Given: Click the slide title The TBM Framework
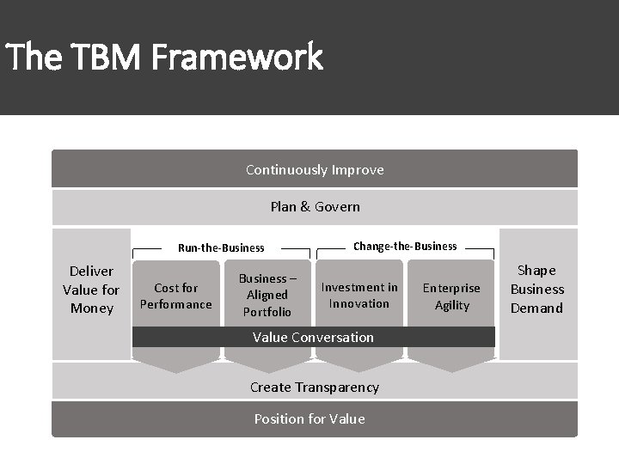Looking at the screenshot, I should (163, 58).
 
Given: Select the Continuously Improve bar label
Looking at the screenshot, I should (315, 169).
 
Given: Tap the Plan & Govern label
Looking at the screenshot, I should (315, 206).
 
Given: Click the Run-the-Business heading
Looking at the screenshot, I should (221, 247).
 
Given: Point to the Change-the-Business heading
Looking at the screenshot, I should (405, 246).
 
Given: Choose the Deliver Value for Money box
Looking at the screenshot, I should (91, 290).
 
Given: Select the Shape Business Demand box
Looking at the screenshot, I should (537, 290).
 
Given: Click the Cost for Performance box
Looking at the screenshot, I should (175, 296).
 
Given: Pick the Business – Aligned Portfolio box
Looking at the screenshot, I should (267, 295).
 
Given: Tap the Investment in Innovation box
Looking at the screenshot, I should (359, 295).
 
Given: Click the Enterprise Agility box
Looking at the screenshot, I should (452, 296).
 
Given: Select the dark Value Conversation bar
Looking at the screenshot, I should (313, 337).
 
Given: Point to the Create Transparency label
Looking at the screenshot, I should (314, 387).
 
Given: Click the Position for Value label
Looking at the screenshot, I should (309, 418).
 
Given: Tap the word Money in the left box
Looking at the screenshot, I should (91, 308).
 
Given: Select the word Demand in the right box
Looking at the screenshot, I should (537, 308).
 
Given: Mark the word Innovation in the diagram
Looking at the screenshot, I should (359, 303).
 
